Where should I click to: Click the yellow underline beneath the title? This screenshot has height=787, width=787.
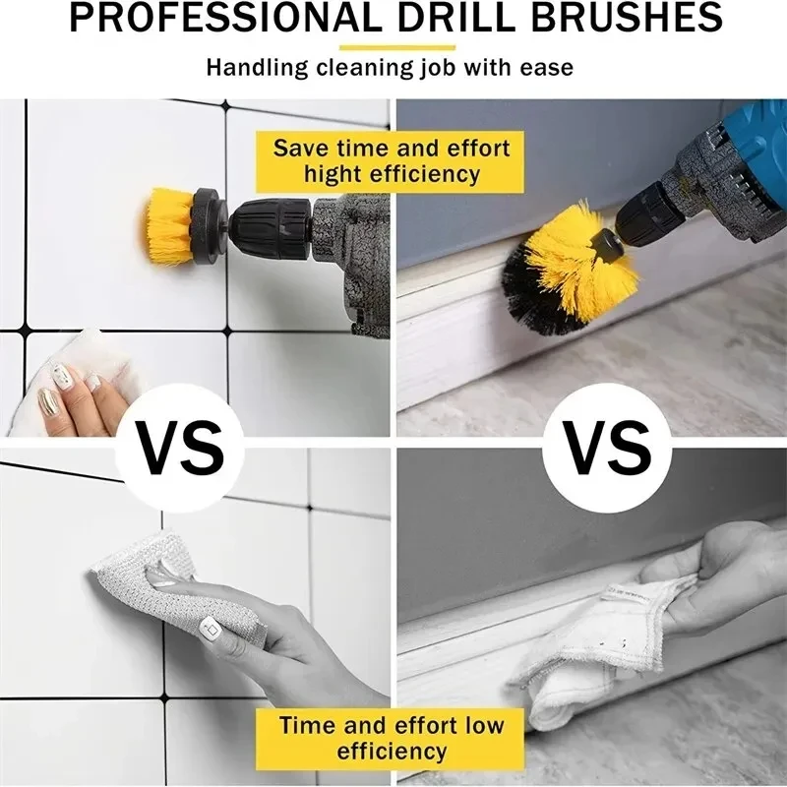[396, 46]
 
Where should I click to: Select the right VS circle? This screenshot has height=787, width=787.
[609, 449]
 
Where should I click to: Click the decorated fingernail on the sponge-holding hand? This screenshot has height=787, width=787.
[209, 626]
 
